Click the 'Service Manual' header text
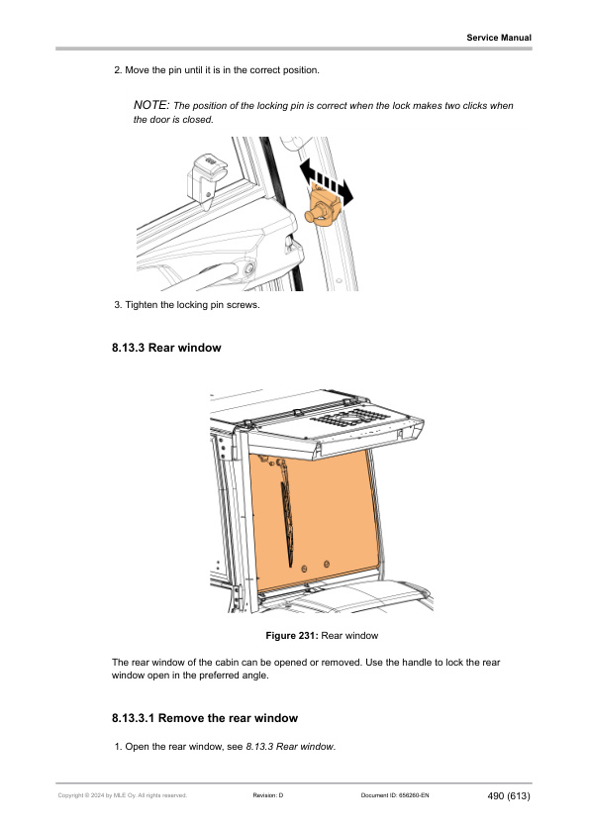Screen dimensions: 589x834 coord(499,38)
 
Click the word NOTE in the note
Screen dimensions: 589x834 coord(151,105)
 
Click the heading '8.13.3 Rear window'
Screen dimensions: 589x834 coord(166,348)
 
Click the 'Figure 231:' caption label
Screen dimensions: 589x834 coord(292,636)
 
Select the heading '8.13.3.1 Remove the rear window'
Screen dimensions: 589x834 coord(205,718)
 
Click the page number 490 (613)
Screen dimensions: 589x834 coord(509,795)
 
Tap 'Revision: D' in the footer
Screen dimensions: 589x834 coord(268,795)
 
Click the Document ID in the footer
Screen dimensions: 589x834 coord(395,795)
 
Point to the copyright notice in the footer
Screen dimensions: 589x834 coord(123,795)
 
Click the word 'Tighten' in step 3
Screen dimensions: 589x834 coord(142,305)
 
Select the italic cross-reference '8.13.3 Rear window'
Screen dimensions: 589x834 coord(290,747)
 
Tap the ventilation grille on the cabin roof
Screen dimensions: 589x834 coord(349,416)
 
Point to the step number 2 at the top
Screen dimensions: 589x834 coord(118,70)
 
